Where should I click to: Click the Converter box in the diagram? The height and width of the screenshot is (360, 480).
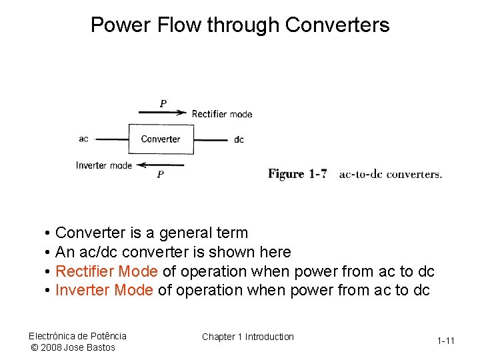pos(161,139)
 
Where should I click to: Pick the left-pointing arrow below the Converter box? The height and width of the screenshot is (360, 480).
pos(160,165)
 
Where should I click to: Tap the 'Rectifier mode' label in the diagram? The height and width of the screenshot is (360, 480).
pos(222,114)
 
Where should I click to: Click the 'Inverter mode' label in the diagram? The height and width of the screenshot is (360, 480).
pos(104,165)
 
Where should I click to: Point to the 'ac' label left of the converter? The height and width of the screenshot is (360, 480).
pos(83,139)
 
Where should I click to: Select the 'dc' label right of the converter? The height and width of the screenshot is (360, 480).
pos(239,139)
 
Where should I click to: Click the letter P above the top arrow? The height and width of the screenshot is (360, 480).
pos(163,103)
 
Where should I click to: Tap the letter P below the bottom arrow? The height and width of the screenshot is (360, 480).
pos(160,175)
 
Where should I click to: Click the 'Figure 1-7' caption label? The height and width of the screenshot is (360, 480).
pos(297,174)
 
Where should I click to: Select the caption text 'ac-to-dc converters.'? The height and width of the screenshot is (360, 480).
pos(390,175)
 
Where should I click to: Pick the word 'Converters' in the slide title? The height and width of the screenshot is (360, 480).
pos(337,25)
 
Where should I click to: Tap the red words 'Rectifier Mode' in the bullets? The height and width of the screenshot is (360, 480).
pos(107,271)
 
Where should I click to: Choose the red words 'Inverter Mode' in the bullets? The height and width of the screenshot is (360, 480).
pos(104,290)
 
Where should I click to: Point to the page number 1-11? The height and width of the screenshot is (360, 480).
pos(446,341)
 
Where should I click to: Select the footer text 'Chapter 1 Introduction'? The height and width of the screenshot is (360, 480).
pos(248,337)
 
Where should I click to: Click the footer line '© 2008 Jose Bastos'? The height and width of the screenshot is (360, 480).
pos(73,347)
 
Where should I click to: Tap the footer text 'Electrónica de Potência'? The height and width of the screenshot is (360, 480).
pos(77,335)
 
